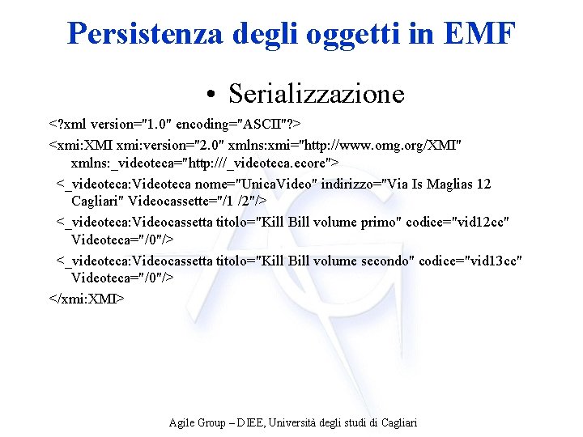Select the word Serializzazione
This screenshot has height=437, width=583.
316,94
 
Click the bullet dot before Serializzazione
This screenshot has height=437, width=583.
210,95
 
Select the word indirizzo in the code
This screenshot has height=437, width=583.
349,184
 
